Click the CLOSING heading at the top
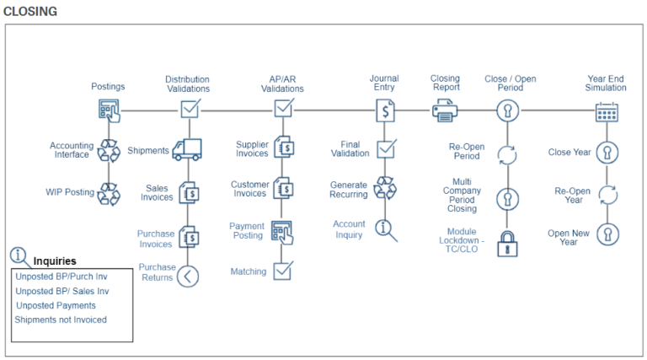(30, 11)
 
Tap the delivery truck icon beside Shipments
(186, 151)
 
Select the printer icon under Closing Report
(445, 110)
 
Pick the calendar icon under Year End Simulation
(607, 110)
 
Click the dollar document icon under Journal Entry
(385, 110)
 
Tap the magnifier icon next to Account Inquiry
(386, 229)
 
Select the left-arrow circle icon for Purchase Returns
(188, 276)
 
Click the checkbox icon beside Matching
(283, 271)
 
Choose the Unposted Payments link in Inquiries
(56, 305)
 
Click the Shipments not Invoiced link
(61, 320)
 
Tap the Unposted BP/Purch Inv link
(63, 277)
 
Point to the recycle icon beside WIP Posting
(109, 193)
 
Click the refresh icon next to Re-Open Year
(607, 196)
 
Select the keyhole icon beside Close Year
(607, 153)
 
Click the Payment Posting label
(247, 231)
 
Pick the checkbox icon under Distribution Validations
(190, 110)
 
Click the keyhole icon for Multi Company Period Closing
(507, 199)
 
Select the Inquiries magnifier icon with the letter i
(19, 256)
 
